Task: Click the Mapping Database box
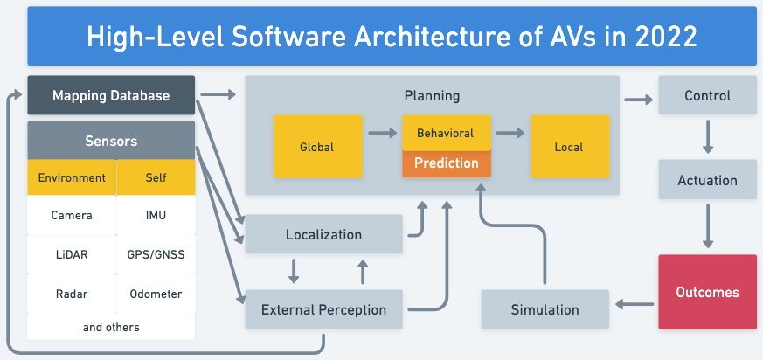pyautogui.click(x=111, y=95)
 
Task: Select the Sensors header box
pyautogui.click(x=111, y=141)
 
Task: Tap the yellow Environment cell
pyautogui.click(x=72, y=177)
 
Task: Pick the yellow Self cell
pyautogui.click(x=156, y=177)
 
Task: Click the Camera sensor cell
pyautogui.click(x=72, y=215)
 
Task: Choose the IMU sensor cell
pyautogui.click(x=156, y=215)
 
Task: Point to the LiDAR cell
pyautogui.click(x=72, y=255)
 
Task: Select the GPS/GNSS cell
pyautogui.click(x=156, y=255)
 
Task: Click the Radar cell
pyautogui.click(x=72, y=294)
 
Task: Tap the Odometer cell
pyautogui.click(x=156, y=294)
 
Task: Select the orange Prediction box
pyautogui.click(x=446, y=163)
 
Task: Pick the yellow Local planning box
pyautogui.click(x=569, y=147)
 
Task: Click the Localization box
pyautogui.click(x=323, y=234)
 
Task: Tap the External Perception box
pyautogui.click(x=323, y=309)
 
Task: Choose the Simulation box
pyautogui.click(x=545, y=309)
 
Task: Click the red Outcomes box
pyautogui.click(x=707, y=292)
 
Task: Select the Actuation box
pyautogui.click(x=707, y=181)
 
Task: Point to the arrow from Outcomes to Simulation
pyautogui.click(x=634, y=304)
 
